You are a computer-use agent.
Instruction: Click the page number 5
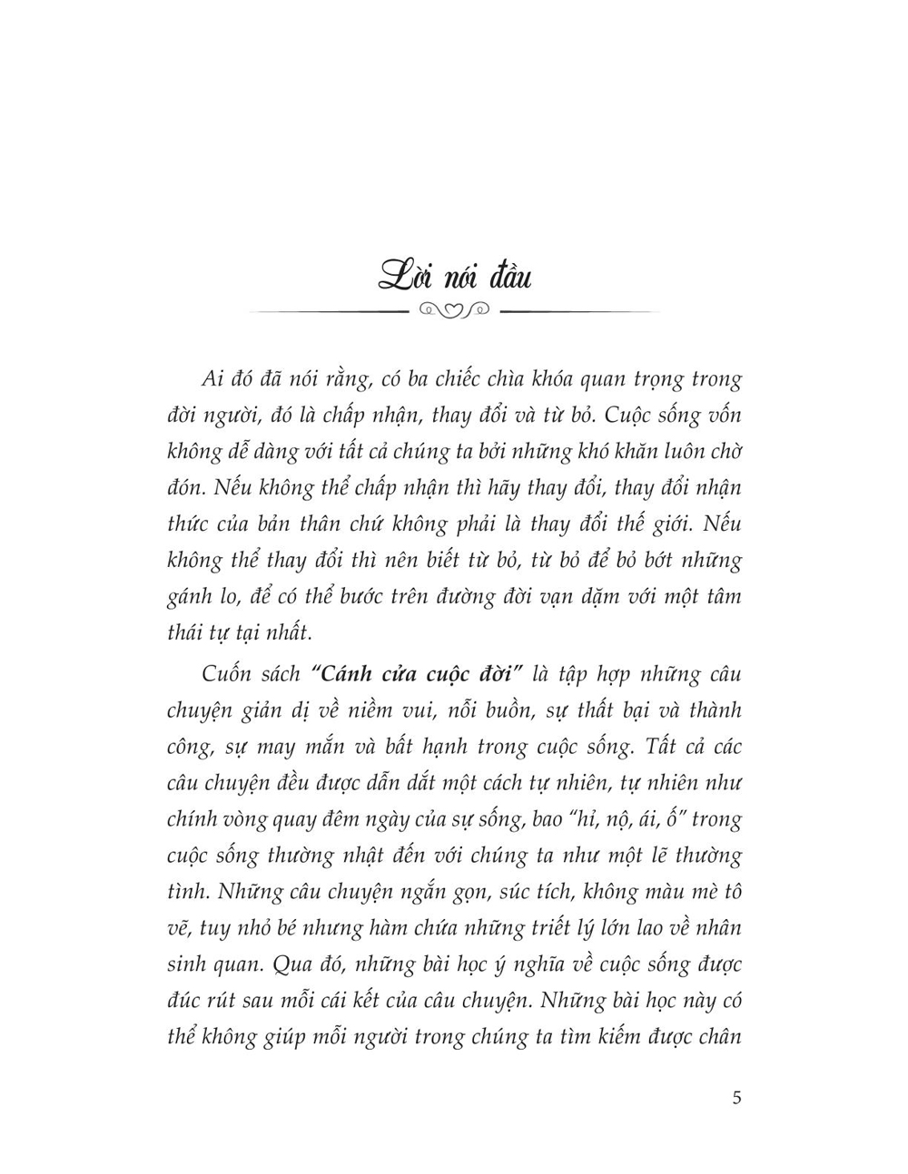coord(736,1098)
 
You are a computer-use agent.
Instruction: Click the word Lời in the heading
coord(406,273)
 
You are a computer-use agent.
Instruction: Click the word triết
coord(509,928)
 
